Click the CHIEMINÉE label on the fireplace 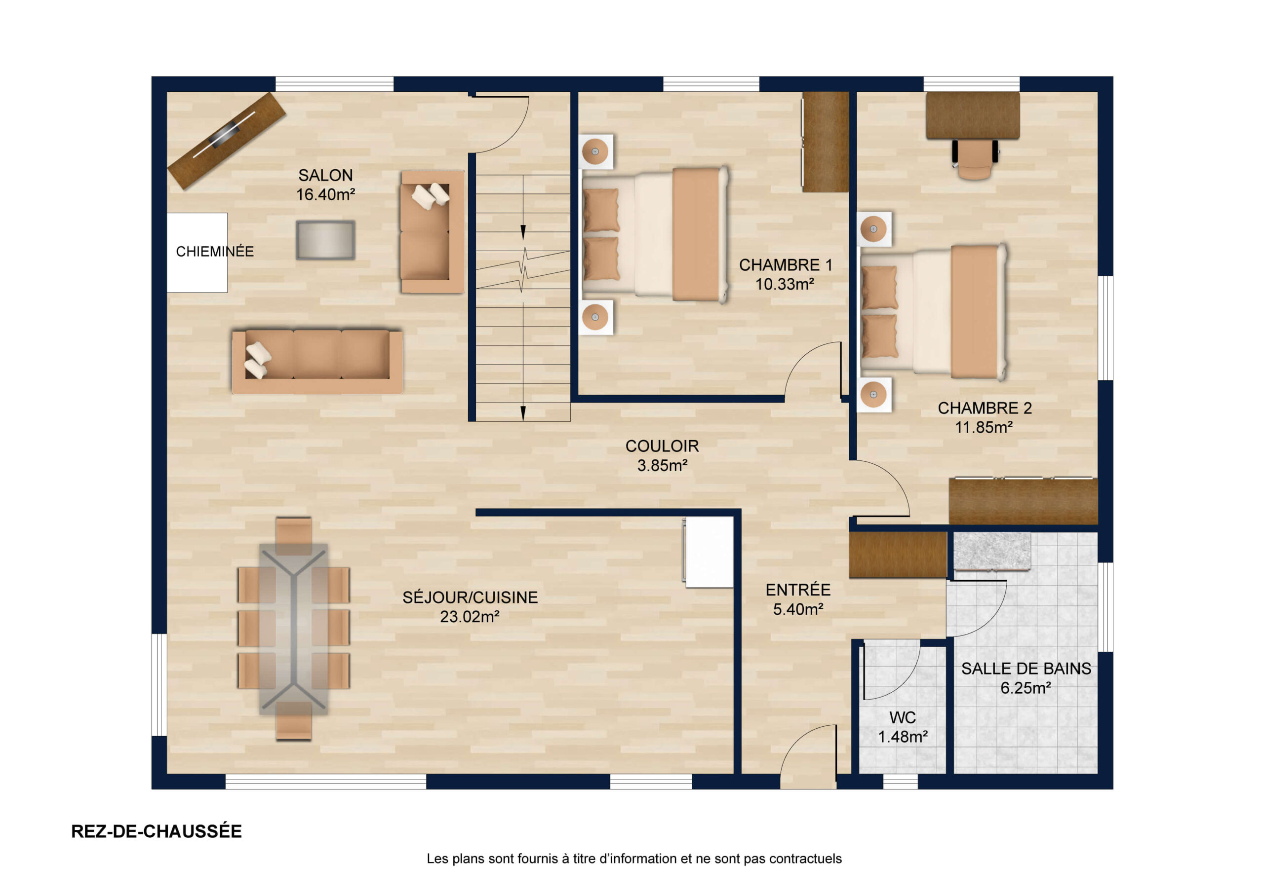(x=215, y=252)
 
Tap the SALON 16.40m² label (x=325, y=185)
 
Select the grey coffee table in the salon (x=325, y=240)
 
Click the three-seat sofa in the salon (x=317, y=362)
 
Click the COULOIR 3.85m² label (x=662, y=455)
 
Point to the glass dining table (x=293, y=630)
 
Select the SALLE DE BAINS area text (x=1026, y=678)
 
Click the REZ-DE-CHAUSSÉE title (x=157, y=831)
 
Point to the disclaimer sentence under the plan (x=633, y=858)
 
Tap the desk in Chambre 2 (x=973, y=115)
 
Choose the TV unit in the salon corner (x=226, y=140)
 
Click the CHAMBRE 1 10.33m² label (x=785, y=274)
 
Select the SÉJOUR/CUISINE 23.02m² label (x=470, y=607)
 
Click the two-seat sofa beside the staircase (x=432, y=232)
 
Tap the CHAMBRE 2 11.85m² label (x=985, y=417)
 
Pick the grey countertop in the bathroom (x=992, y=551)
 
